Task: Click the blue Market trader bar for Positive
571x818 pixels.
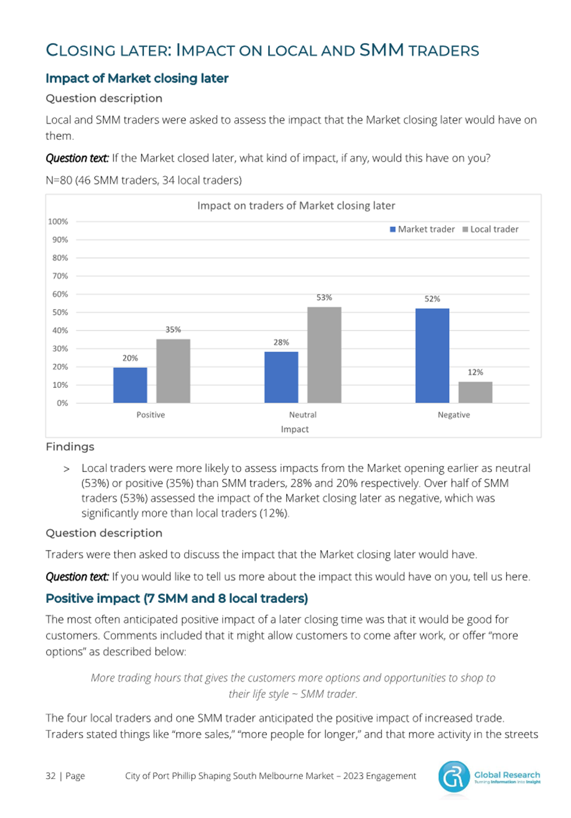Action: [x=130, y=385]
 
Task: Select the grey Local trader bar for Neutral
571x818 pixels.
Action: [x=324, y=354]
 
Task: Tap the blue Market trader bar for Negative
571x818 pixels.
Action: [x=432, y=356]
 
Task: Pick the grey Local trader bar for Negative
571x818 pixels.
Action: [x=475, y=392]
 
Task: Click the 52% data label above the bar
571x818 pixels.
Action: [x=432, y=299]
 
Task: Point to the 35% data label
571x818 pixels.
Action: [x=173, y=329]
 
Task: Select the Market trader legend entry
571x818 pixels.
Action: [x=422, y=229]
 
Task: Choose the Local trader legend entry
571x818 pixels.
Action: [x=490, y=229]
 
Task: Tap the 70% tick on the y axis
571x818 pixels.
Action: [x=60, y=276]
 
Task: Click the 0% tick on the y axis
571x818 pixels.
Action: [x=62, y=403]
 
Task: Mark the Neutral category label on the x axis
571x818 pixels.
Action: [x=303, y=415]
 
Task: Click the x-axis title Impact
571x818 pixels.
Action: [x=294, y=429]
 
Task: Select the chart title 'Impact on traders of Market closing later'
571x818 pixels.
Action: [x=296, y=206]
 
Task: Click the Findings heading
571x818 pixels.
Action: [x=70, y=446]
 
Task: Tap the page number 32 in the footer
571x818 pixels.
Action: [x=50, y=776]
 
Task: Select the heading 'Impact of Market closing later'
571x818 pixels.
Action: [x=137, y=78]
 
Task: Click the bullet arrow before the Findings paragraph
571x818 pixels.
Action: [x=66, y=469]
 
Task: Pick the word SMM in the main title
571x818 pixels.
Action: [x=382, y=50]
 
